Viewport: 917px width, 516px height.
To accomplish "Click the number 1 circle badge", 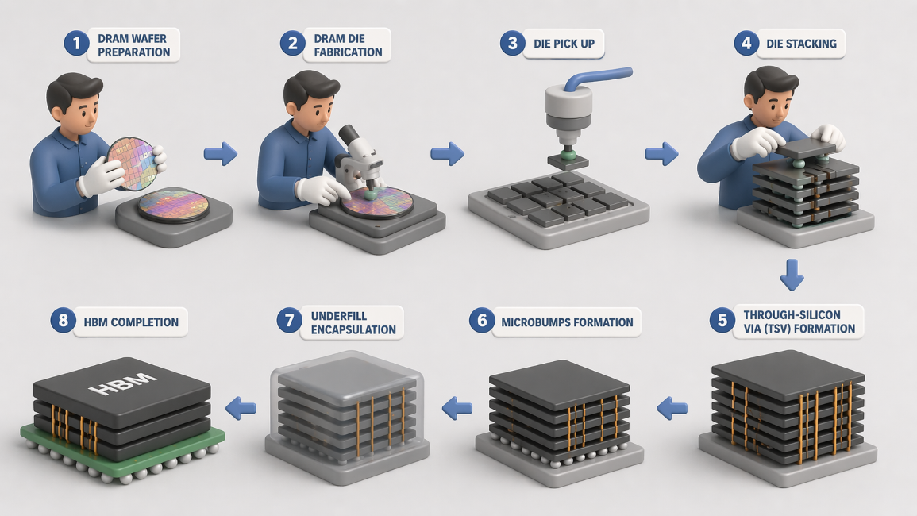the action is pyautogui.click(x=76, y=44).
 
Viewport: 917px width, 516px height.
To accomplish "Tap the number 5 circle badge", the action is pyautogui.click(x=722, y=320).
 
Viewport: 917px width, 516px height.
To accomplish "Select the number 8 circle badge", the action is pyautogui.click(x=64, y=321).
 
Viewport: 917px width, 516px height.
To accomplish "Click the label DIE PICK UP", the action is pyautogui.click(x=564, y=44).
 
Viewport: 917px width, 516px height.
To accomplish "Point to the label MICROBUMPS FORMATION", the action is pyautogui.click(x=567, y=322).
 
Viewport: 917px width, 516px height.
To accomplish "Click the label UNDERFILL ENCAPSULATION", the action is pyautogui.click(x=353, y=323).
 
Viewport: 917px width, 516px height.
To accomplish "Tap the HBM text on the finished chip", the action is pyautogui.click(x=122, y=382).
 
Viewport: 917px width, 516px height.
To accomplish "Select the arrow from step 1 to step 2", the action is pyautogui.click(x=221, y=154).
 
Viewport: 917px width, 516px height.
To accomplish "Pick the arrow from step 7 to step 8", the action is pyautogui.click(x=241, y=408).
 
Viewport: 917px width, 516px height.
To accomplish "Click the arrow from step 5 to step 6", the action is pyautogui.click(x=672, y=408).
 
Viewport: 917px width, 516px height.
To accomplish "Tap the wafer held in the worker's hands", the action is pyautogui.click(x=133, y=164).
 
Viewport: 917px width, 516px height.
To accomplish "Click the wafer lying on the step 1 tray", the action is pyautogui.click(x=173, y=205).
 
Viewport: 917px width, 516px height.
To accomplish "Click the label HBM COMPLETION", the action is pyautogui.click(x=131, y=322).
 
